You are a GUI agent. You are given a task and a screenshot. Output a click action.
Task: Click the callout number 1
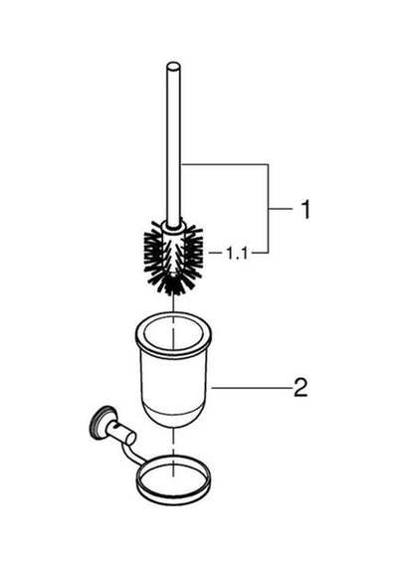306,209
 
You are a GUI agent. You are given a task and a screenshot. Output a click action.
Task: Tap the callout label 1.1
237,253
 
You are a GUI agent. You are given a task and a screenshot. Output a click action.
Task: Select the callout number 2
300,388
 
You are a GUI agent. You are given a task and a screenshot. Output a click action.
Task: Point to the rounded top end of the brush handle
173,68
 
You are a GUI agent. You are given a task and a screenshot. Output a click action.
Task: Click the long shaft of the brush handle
173,144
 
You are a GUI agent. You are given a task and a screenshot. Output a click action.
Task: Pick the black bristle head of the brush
173,257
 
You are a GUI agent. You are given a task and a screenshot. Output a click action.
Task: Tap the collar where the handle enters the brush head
174,227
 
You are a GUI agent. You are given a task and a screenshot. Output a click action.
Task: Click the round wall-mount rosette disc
100,423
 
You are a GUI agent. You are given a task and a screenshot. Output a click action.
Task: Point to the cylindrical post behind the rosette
123,433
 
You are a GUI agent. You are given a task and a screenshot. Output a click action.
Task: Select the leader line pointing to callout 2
252,388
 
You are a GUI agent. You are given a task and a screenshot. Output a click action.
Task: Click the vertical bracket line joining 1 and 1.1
268,208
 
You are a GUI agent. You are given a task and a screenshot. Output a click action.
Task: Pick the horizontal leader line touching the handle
224,164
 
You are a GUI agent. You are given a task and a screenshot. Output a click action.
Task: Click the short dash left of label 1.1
216,253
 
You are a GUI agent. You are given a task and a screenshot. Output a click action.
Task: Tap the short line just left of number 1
280,209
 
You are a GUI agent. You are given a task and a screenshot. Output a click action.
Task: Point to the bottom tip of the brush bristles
173,294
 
